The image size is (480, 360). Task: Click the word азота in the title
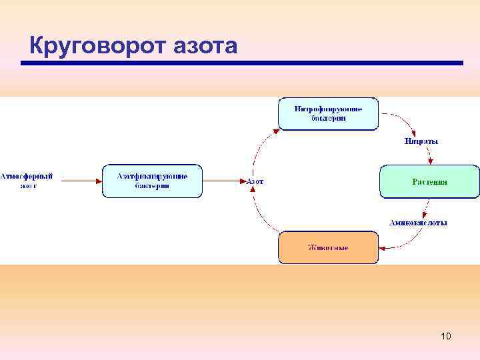(205, 45)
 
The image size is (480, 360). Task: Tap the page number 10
(446, 336)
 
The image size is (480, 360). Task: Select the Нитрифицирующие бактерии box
(328, 113)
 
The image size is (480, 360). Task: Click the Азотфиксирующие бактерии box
(152, 181)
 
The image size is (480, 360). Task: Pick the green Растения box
(429, 181)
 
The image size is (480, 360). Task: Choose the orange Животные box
(328, 247)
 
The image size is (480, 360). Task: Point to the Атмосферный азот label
(27, 181)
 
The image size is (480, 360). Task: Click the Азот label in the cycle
(255, 181)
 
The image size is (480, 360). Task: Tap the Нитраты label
(421, 141)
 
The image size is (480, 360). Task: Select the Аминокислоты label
(418, 222)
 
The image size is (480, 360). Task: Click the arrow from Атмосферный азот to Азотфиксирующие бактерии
(79, 180)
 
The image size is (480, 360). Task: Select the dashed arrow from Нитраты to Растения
(429, 155)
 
